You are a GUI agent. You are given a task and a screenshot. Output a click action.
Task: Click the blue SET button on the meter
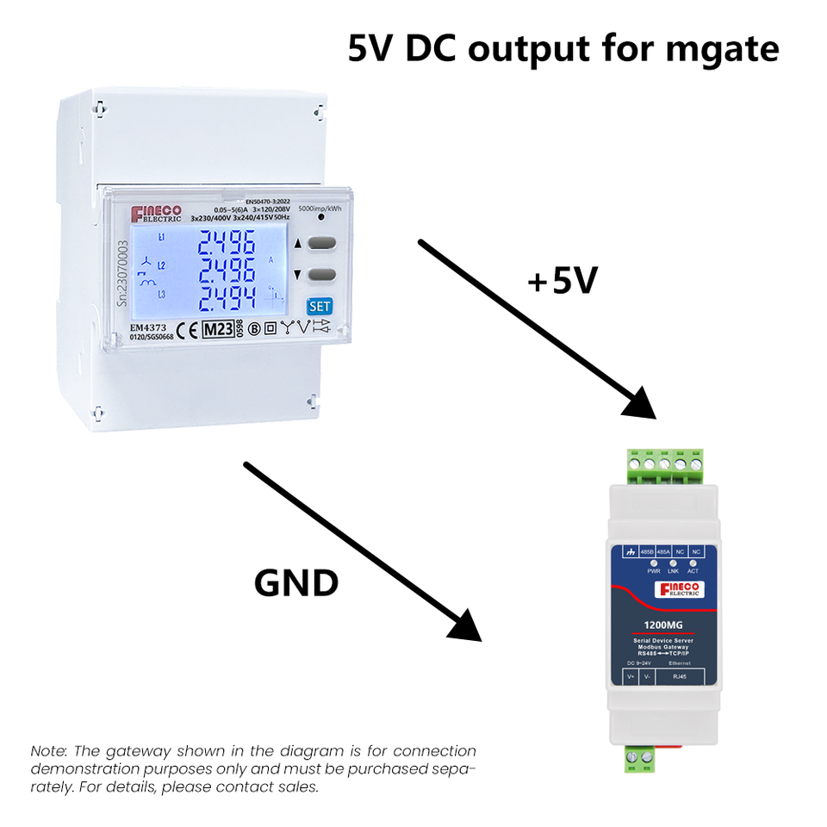320,306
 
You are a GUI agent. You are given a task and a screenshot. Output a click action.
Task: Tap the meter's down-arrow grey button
321,275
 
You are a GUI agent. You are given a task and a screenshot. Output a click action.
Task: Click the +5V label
563,282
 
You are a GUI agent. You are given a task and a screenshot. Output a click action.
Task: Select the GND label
296,583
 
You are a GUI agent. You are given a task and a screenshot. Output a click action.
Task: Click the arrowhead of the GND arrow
465,625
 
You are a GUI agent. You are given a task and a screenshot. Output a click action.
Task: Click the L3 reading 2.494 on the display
226,301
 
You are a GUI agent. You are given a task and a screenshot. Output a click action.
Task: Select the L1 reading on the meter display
226,246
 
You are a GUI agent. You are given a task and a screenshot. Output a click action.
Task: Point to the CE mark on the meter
186,329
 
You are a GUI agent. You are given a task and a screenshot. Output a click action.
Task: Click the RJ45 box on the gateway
680,677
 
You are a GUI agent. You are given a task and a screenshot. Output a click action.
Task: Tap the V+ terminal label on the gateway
631,677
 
